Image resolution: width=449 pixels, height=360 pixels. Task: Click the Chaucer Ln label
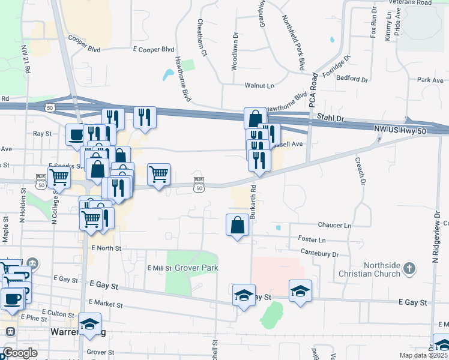[334, 225]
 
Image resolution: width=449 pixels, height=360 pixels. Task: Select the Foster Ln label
[312, 239]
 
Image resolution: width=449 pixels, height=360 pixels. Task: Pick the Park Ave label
[430, 80]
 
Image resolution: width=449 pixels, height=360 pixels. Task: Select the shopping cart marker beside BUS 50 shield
[158, 175]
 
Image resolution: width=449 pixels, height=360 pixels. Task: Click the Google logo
[20, 353]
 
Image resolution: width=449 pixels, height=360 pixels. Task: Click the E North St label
[106, 248]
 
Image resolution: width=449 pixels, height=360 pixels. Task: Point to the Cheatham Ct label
[202, 38]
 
